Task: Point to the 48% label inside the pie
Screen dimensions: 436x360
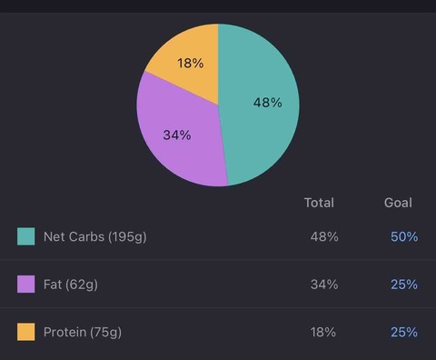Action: (268, 103)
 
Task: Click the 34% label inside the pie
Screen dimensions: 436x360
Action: (177, 135)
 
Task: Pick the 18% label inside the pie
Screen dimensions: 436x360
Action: (191, 63)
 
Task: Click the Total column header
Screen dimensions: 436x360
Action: (319, 203)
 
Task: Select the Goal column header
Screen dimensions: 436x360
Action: (398, 203)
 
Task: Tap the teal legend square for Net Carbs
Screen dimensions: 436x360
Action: (26, 236)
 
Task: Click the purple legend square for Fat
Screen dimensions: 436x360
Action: (26, 284)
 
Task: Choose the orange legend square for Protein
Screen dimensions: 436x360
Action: (26, 332)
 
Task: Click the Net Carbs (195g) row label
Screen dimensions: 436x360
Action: (95, 237)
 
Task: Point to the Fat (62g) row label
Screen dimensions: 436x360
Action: (71, 285)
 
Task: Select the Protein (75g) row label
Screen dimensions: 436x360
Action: (83, 333)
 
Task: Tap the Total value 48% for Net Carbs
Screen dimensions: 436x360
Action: (324, 236)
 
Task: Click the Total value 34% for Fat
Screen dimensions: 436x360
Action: (324, 285)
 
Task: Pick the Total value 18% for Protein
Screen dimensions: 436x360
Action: (323, 332)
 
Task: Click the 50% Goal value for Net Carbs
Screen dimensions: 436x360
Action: (404, 236)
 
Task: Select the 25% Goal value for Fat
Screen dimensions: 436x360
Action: (404, 285)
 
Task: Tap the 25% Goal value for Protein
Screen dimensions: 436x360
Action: (404, 332)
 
